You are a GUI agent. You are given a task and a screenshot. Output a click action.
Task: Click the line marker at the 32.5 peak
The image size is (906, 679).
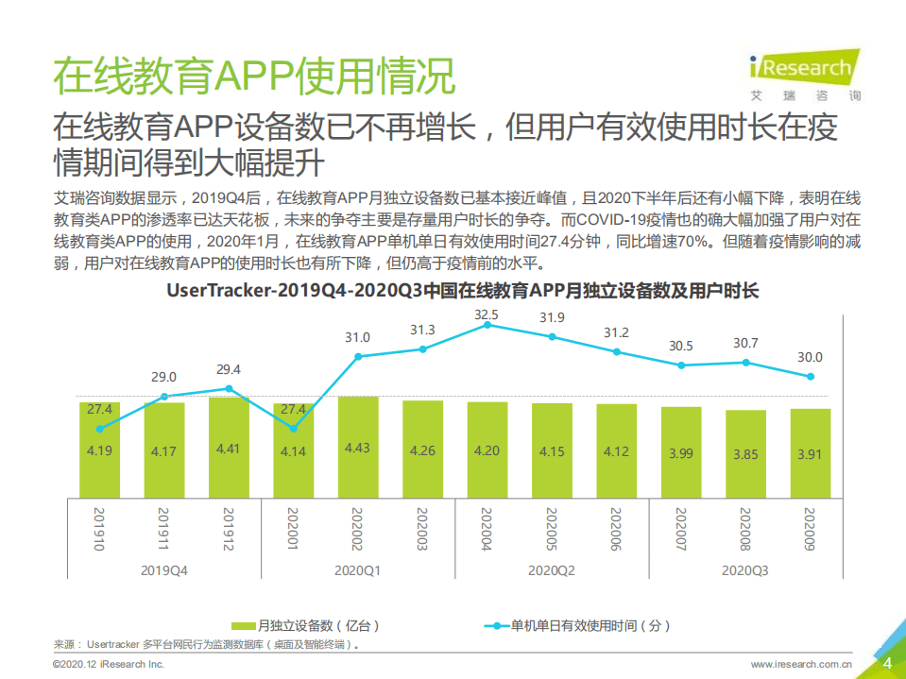[x=487, y=325]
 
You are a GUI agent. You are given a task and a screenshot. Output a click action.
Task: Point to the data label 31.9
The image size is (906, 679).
[x=552, y=317]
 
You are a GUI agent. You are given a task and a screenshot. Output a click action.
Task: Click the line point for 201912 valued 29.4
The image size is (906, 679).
[x=229, y=388]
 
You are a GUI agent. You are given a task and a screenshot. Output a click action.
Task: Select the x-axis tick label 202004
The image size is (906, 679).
[x=487, y=530]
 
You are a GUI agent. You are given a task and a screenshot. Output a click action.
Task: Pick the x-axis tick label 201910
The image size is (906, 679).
[x=99, y=530]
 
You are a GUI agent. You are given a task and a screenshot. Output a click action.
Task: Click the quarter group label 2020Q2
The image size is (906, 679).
[x=552, y=570]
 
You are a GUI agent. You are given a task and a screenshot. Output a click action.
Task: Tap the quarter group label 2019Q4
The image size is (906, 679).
[x=164, y=570]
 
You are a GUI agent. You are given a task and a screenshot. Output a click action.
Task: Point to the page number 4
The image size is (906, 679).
[x=886, y=663]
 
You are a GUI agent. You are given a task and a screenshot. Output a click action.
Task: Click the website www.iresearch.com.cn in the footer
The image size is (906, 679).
[x=801, y=665]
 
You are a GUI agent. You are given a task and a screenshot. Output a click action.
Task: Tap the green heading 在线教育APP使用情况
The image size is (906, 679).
[x=253, y=76]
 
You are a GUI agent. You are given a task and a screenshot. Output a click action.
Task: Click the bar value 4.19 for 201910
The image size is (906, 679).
[x=99, y=450]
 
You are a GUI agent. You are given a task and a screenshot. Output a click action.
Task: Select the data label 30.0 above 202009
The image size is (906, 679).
[x=810, y=357]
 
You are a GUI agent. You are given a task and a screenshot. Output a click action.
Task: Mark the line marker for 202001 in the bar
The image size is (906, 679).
[x=293, y=428]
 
